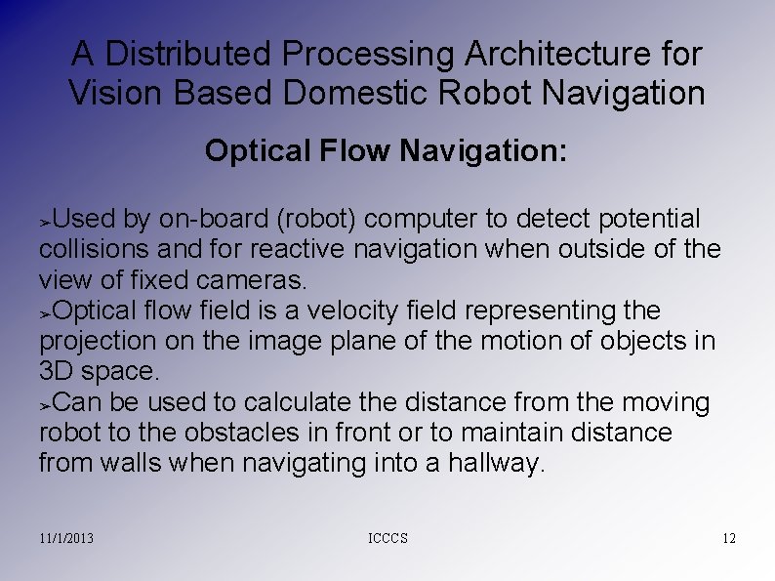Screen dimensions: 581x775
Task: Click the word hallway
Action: coord(496,463)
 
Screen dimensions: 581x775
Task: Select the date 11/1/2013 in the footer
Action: coord(67,539)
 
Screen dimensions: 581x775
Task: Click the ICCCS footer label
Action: coord(388,539)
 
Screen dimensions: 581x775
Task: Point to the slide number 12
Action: coord(728,539)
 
